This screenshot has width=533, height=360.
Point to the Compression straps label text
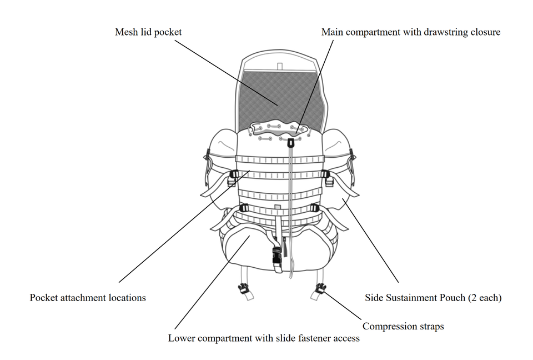click(403, 326)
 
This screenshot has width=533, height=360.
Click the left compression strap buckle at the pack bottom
click(242, 288)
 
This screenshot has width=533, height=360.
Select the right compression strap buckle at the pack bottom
click(320, 288)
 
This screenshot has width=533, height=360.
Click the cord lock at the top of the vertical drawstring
click(290, 143)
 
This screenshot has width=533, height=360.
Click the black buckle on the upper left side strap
click(233, 178)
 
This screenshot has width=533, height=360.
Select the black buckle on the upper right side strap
click(329, 178)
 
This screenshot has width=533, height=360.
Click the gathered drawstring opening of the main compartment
click(278, 129)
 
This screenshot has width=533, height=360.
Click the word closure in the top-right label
click(485, 32)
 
